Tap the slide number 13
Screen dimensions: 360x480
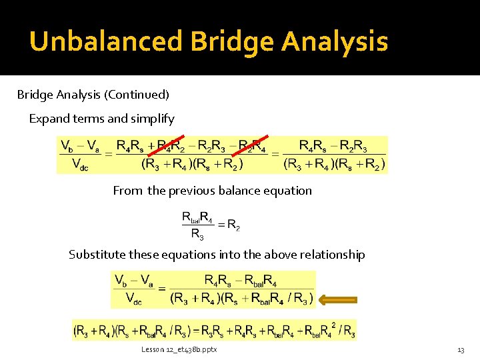click(x=460, y=350)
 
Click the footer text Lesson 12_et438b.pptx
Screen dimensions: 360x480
click(x=179, y=349)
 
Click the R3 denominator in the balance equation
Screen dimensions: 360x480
click(x=197, y=233)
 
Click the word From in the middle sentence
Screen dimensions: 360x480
click(x=127, y=191)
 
